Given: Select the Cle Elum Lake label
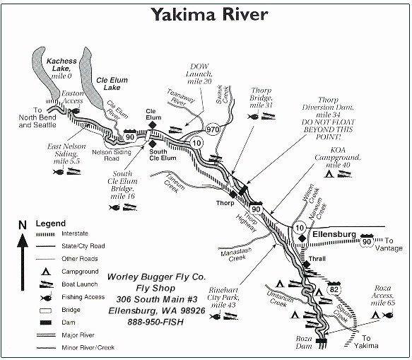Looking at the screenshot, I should coord(112,84).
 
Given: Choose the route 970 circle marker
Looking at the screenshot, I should coord(213,129).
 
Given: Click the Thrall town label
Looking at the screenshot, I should coord(317,259).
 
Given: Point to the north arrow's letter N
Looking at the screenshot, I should coord(23,225).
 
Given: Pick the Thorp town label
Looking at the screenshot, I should coord(225,203).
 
